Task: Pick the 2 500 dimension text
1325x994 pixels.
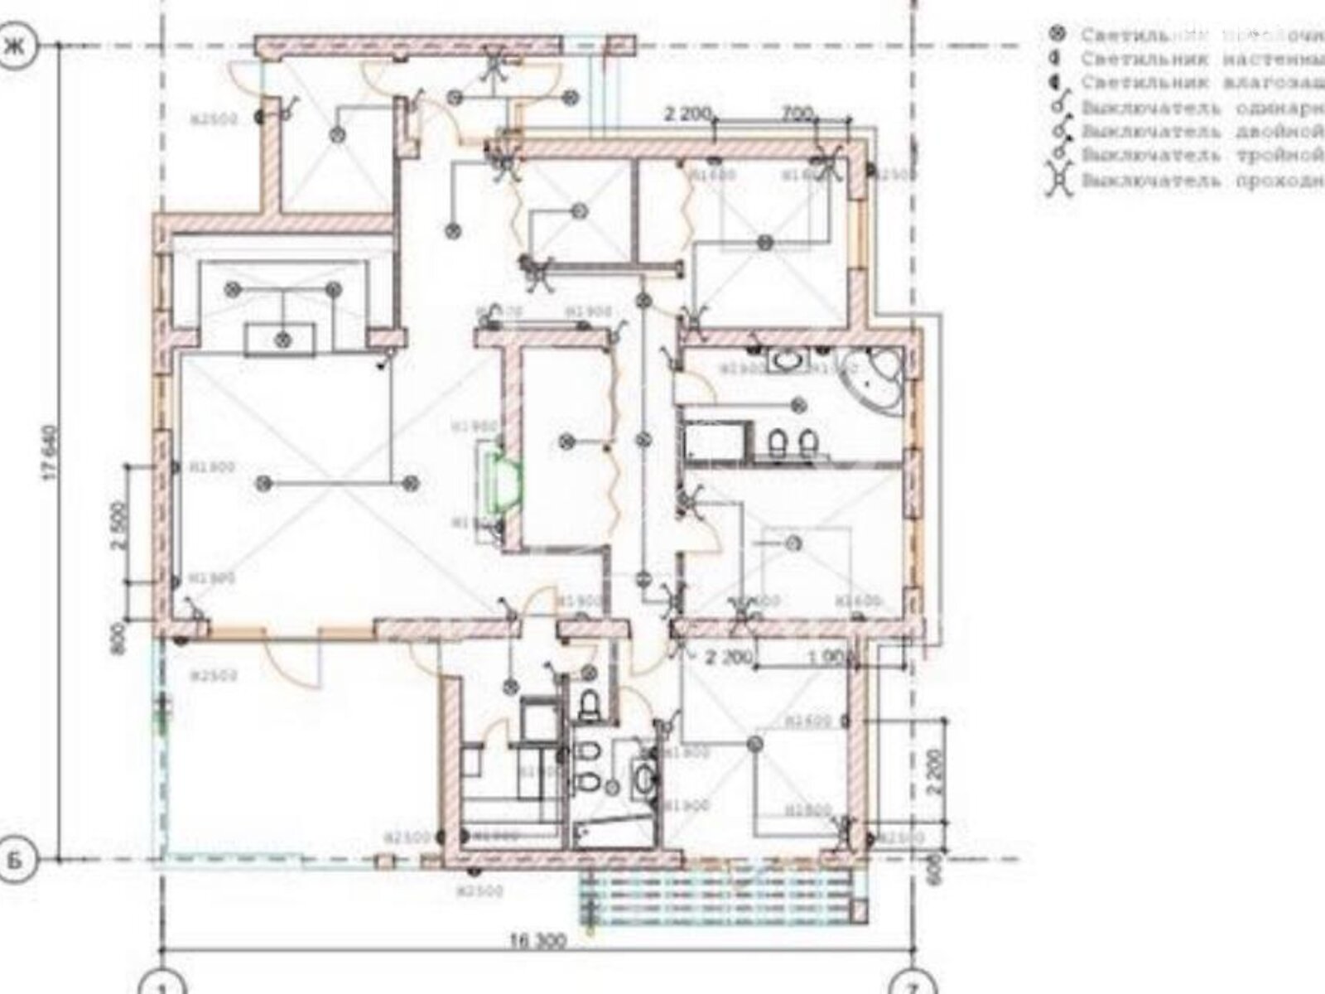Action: tap(118, 525)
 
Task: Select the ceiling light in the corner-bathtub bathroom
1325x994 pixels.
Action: tap(798, 405)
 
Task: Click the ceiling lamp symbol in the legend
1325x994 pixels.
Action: tap(1056, 34)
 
